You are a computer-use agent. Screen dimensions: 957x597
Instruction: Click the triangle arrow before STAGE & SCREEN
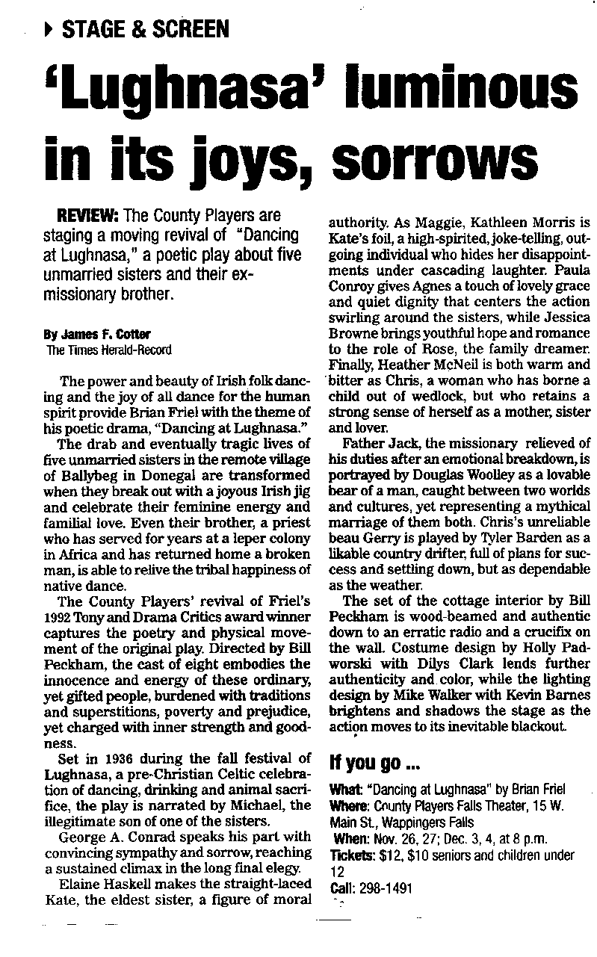click(x=49, y=30)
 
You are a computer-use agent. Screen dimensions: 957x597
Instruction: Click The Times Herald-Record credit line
click(x=109, y=350)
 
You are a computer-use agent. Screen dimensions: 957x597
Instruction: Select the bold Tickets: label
click(x=353, y=855)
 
